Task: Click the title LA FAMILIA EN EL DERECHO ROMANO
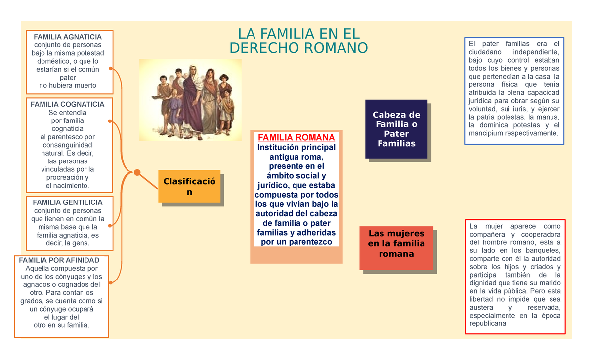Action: [298, 40]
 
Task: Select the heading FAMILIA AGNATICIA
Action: [68, 37]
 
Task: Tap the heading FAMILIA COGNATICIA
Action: [68, 104]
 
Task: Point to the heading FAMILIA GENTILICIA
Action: [68, 202]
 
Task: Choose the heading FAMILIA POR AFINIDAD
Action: [59, 260]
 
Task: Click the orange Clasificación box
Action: [189, 187]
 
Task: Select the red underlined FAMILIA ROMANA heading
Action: [296, 137]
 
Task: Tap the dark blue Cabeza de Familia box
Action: [396, 129]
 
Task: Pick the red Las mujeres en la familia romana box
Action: [396, 243]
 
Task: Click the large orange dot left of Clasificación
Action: [137, 172]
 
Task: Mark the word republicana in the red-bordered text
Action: [488, 324]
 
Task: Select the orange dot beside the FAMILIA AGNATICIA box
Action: [111, 68]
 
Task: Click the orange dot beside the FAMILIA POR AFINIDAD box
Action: [111, 282]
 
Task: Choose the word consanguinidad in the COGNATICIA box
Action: [68, 145]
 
